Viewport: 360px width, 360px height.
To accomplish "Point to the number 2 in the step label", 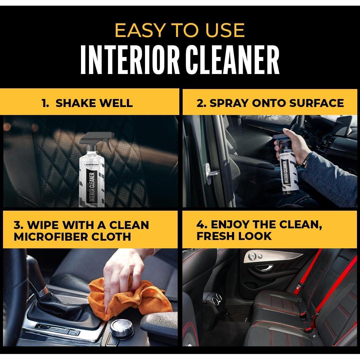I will [200, 103].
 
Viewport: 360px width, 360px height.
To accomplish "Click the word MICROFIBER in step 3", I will [50, 236].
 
